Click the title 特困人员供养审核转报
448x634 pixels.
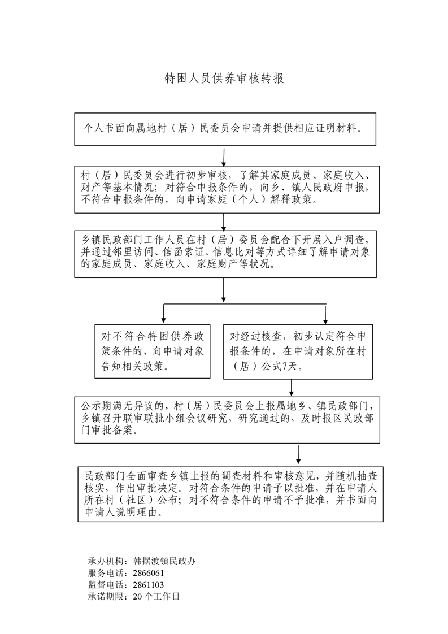pos(224,79)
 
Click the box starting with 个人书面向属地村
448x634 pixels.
pos(225,129)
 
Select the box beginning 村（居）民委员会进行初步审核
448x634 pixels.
pos(225,188)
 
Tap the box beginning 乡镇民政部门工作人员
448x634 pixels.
pos(225,254)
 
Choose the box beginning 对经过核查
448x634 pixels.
pos(298,351)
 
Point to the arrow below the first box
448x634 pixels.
pos(224,157)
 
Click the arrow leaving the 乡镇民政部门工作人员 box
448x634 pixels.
pos(224,290)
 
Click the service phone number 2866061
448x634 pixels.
pos(149,573)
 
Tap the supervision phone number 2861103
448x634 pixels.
pos(149,585)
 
